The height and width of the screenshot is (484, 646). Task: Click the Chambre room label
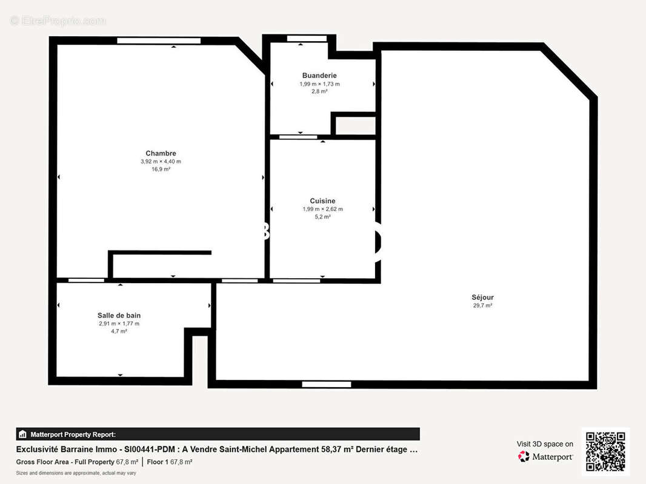pyautogui.click(x=161, y=153)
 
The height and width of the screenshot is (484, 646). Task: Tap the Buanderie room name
pyautogui.click(x=319, y=76)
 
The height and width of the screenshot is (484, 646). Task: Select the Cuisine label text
pyautogui.click(x=322, y=201)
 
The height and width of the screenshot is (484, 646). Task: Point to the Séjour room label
pyautogui.click(x=482, y=297)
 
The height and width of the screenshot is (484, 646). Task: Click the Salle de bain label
pyautogui.click(x=119, y=315)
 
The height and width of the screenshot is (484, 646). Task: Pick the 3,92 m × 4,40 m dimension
pyautogui.click(x=161, y=162)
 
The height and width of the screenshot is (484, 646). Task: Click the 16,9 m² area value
pyautogui.click(x=161, y=169)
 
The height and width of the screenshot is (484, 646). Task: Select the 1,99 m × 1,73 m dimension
pyautogui.click(x=319, y=84)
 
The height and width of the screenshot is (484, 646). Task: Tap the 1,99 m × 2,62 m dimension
pyautogui.click(x=322, y=209)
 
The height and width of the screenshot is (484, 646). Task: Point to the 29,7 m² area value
pyautogui.click(x=482, y=306)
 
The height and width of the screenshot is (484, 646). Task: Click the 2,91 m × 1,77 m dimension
pyautogui.click(x=119, y=324)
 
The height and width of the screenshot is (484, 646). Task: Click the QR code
pyautogui.click(x=605, y=451)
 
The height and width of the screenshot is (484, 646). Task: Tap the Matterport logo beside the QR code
pyautogui.click(x=546, y=457)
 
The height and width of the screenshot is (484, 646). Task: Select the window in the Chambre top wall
pyautogui.click(x=159, y=41)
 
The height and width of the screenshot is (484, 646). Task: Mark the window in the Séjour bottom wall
pyautogui.click(x=327, y=384)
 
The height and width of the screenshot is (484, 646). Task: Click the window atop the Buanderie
pyautogui.click(x=307, y=39)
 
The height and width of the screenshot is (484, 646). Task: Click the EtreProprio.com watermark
pyautogui.click(x=58, y=21)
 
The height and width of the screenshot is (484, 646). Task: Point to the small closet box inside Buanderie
pyautogui.click(x=355, y=126)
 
